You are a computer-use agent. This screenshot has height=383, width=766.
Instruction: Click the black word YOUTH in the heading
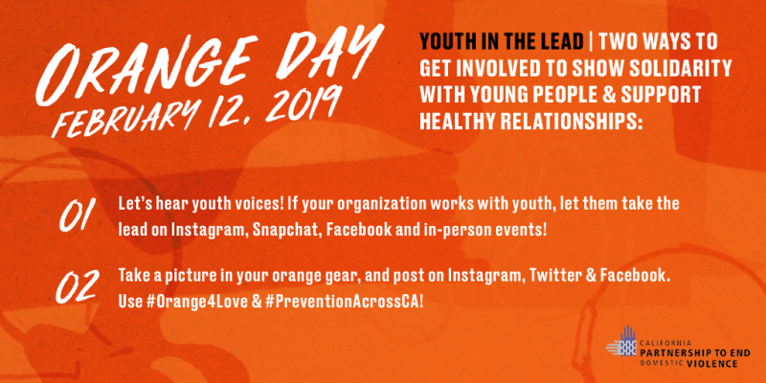click(442, 43)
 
